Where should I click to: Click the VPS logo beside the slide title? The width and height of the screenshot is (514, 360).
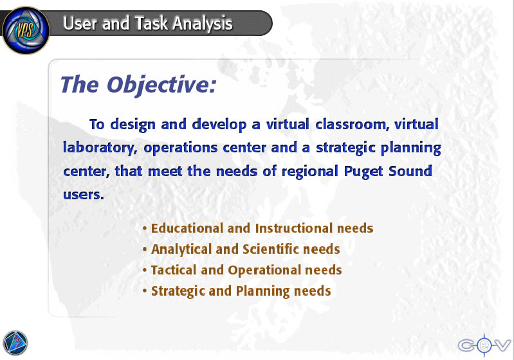[26, 30]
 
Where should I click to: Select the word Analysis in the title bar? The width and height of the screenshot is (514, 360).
[203, 24]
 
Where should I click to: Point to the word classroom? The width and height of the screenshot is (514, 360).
[352, 125]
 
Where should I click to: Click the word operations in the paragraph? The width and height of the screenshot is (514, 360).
[180, 148]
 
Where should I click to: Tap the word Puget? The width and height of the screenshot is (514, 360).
[363, 172]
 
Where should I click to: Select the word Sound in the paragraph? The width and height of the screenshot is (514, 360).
[410, 171]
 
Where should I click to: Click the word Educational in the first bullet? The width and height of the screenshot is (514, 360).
[187, 228]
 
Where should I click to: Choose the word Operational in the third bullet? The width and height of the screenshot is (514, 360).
[264, 270]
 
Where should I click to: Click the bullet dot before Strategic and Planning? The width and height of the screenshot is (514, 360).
[145, 291]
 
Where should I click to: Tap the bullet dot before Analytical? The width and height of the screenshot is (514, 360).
[145, 249]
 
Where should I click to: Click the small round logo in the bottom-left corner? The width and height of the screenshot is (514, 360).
[15, 343]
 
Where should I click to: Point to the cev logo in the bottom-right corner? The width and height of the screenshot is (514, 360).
[484, 345]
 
